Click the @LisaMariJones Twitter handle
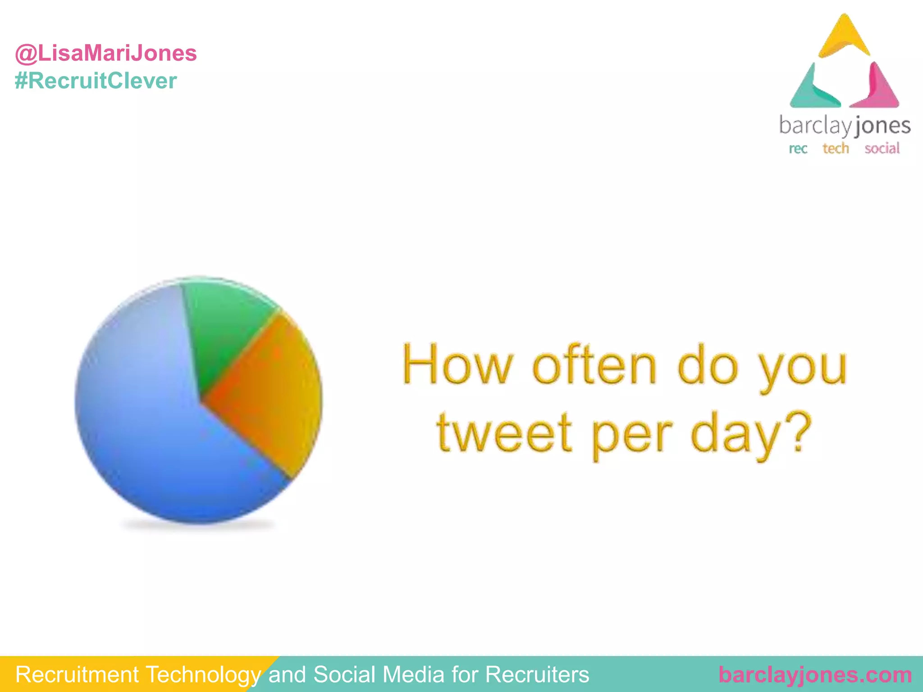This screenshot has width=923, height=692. (106, 53)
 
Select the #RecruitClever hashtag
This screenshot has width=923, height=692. (96, 81)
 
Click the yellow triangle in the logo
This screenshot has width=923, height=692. (844, 38)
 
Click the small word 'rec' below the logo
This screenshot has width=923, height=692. (798, 149)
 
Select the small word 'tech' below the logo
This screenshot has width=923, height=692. (836, 148)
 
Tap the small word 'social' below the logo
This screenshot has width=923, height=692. (882, 148)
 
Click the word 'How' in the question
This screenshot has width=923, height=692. (457, 365)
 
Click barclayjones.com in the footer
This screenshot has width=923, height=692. (815, 675)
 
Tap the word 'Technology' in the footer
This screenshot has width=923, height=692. (203, 675)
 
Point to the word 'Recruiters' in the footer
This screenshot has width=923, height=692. (537, 675)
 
